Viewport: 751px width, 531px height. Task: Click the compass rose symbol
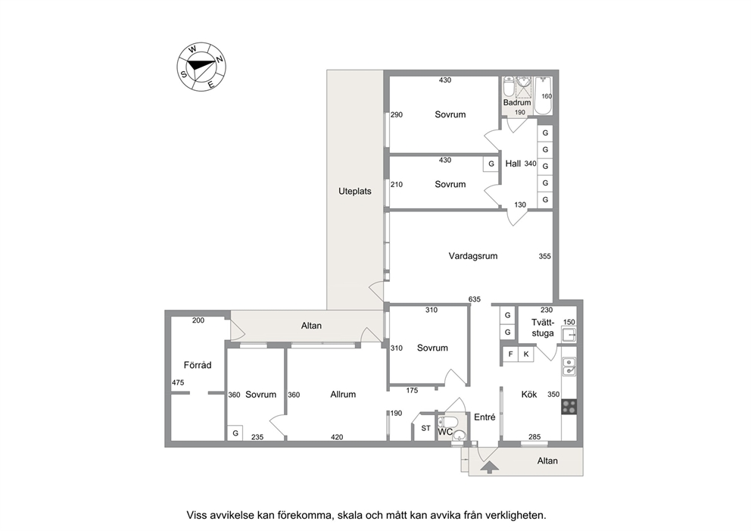point(201,66)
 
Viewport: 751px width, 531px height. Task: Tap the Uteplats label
point(355,191)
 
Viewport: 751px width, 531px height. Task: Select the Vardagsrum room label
point(472,256)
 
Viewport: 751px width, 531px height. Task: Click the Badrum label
point(517,102)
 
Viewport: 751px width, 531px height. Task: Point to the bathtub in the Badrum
point(544,95)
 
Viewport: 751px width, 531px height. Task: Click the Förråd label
point(198,365)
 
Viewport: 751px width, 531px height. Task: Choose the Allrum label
point(343,395)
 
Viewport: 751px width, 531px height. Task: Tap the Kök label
point(528,395)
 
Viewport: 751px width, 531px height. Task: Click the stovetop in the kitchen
point(569,407)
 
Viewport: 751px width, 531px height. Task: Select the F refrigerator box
point(510,355)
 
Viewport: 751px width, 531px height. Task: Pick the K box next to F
point(526,355)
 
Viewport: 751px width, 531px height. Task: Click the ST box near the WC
point(425,428)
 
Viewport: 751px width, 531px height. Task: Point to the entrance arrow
point(488,467)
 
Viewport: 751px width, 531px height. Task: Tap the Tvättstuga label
point(543,328)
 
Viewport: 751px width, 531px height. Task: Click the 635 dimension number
point(474,299)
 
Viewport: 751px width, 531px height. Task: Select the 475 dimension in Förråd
point(178,383)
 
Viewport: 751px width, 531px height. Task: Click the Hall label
point(513,164)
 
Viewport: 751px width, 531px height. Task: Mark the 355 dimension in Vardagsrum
point(544,256)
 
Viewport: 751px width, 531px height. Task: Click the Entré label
point(485,417)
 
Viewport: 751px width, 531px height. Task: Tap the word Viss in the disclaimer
point(196,516)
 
